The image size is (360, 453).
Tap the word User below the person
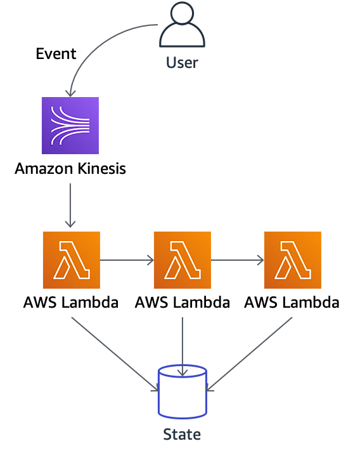[x=182, y=63]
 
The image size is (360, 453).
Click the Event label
[x=56, y=54]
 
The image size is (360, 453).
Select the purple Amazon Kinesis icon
[x=70, y=126]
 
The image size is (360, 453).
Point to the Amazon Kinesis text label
[x=70, y=168]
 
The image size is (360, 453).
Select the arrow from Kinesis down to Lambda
[x=70, y=206]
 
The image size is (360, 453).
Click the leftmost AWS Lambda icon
[x=72, y=260]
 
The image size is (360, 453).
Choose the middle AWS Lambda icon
[x=183, y=260]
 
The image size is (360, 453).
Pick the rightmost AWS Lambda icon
[x=293, y=260]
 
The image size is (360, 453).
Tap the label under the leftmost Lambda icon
[x=71, y=303]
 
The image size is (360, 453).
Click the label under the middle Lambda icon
[x=183, y=303]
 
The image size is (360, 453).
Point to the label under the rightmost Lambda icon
[x=292, y=303]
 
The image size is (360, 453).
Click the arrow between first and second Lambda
[x=127, y=260]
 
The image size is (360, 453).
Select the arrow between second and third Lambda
[x=238, y=260]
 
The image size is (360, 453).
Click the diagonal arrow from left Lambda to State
[x=115, y=355]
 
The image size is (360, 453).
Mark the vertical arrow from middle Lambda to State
[x=183, y=346]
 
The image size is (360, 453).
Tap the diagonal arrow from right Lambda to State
[x=249, y=355]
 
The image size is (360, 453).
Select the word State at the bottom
[x=182, y=434]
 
